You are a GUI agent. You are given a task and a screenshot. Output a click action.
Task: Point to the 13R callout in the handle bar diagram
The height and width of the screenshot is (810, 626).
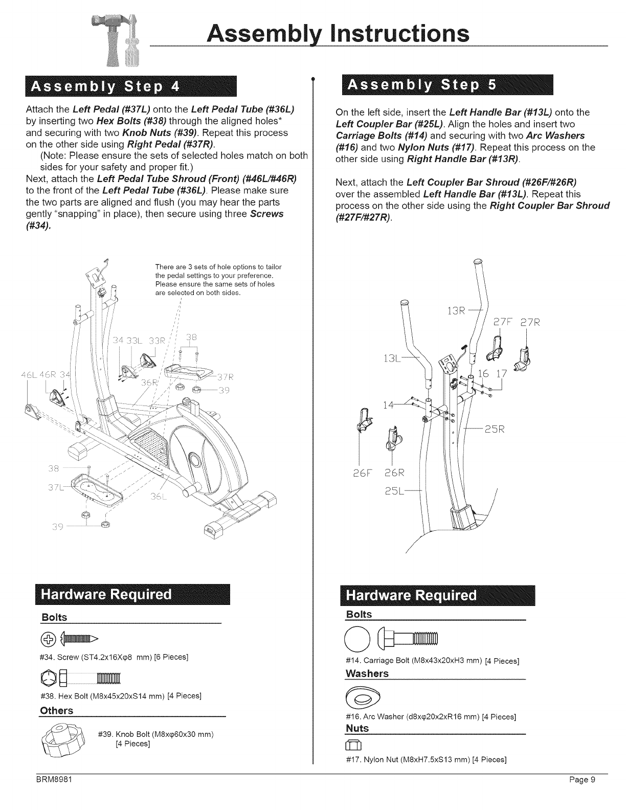coord(455,311)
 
